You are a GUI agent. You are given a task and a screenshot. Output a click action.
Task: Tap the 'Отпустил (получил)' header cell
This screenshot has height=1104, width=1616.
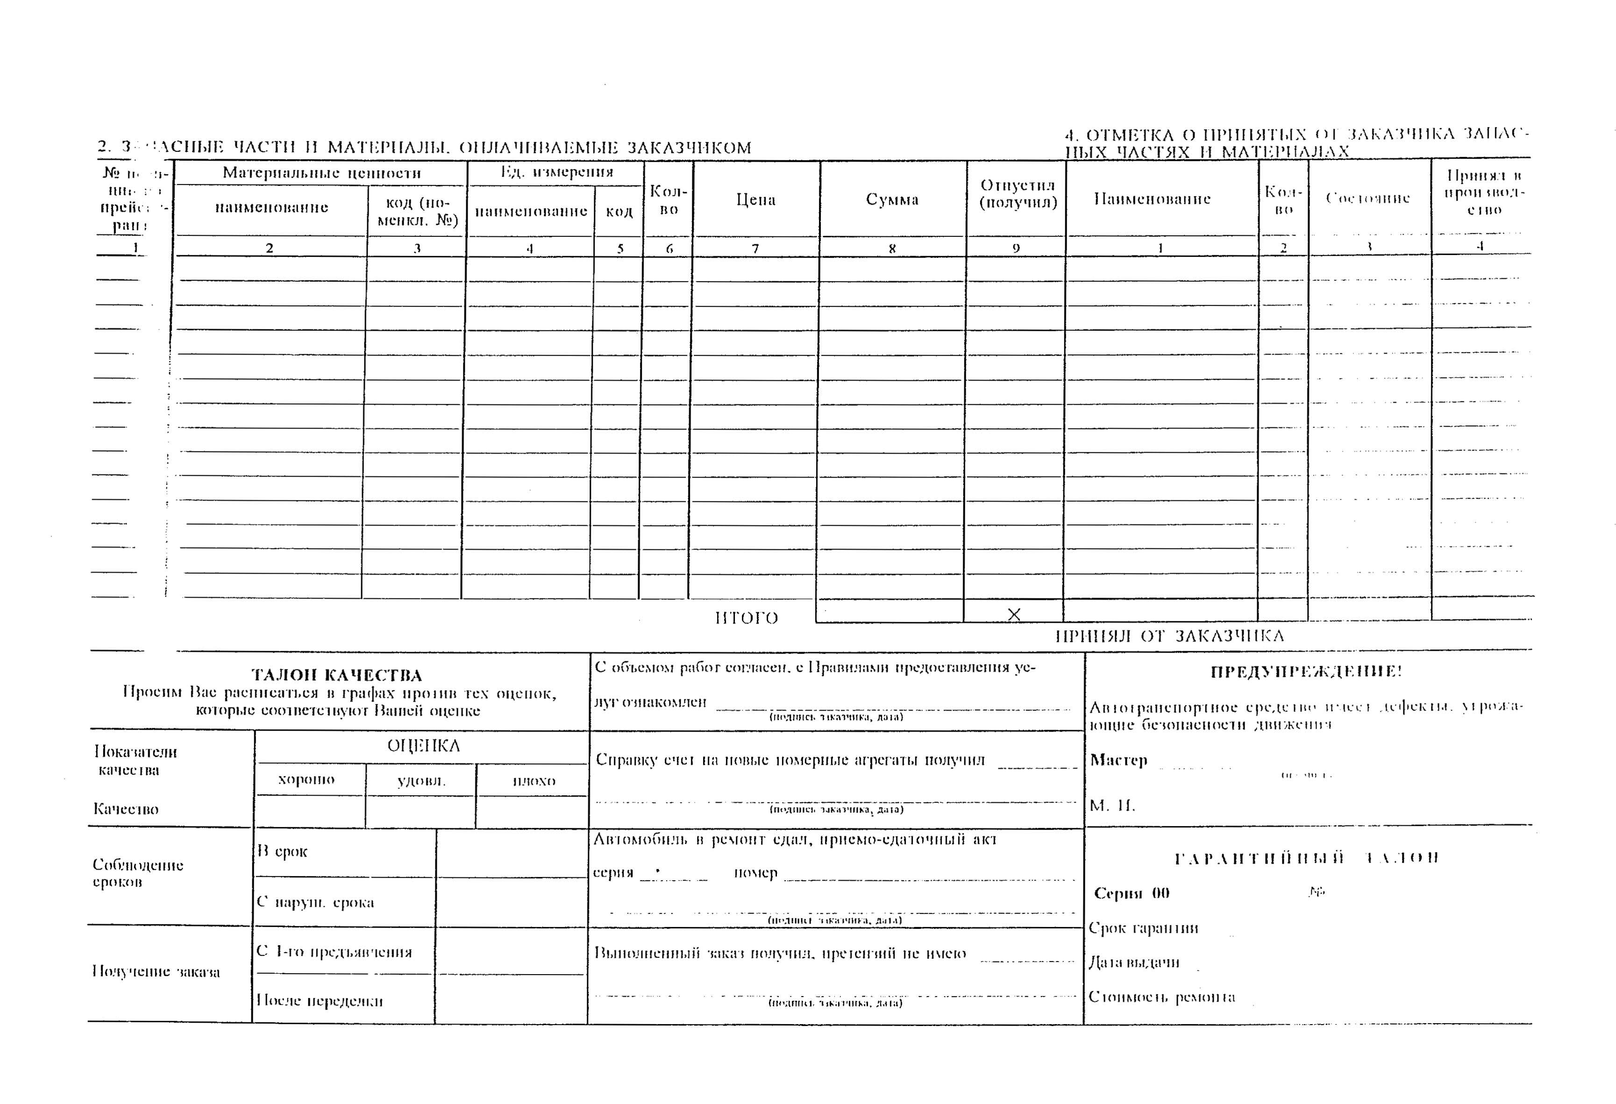coord(1018,194)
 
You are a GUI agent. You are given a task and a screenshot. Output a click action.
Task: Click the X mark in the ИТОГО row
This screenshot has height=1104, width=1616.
coord(1014,614)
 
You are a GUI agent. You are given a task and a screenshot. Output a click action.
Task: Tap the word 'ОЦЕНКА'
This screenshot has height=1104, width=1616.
coord(423,746)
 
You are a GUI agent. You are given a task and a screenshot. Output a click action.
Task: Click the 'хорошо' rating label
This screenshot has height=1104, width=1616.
coord(306,779)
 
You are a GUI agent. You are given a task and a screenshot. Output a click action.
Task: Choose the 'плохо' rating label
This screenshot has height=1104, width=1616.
coord(534,781)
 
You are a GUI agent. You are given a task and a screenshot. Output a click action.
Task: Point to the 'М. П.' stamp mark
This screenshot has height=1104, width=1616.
coord(1112,806)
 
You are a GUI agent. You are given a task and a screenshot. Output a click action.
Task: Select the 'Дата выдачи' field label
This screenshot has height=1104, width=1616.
coord(1134,962)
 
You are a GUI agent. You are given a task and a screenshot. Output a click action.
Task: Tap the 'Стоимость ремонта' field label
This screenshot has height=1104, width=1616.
coord(1161,997)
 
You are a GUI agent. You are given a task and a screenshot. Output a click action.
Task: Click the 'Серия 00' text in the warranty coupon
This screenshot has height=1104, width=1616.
coord(1132,893)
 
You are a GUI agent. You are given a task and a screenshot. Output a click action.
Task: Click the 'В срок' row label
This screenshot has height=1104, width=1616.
coord(282,851)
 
